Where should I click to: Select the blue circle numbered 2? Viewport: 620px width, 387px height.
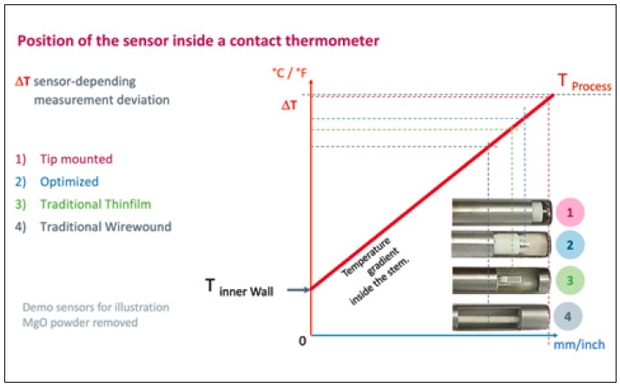point(570,246)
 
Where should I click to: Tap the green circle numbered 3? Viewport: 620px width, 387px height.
point(570,281)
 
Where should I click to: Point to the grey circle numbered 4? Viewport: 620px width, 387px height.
point(570,316)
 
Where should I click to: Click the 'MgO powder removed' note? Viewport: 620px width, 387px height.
point(93,322)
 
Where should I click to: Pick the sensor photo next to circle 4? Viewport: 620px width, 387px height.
point(499,316)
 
